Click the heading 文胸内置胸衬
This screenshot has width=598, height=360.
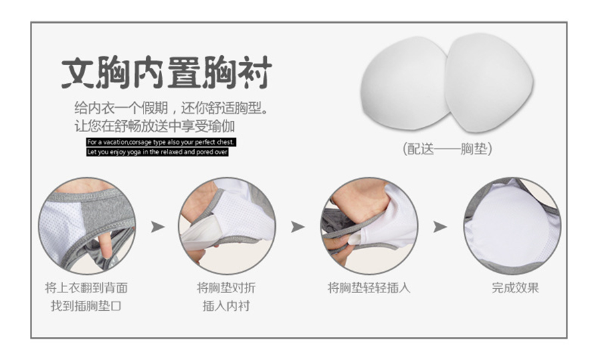167,72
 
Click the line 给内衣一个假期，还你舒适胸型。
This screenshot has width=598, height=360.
172,108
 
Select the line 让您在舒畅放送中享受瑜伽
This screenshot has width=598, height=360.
154,126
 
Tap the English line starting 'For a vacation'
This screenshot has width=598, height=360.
161,142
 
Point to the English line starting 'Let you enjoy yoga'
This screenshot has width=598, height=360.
157,152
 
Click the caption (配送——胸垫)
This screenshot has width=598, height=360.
447,149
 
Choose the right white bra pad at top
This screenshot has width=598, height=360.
489,82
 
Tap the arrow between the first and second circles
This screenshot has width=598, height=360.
157,227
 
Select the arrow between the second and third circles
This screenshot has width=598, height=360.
298,227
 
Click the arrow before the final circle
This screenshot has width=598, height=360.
440,227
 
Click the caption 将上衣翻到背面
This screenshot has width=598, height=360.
86,288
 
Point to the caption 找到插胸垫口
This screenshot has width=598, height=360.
86,306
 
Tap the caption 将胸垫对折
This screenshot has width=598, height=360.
226,288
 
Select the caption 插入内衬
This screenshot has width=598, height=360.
226,306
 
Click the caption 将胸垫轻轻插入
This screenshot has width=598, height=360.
369,288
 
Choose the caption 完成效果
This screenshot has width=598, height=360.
515,288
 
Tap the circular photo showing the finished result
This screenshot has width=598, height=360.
512,226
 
